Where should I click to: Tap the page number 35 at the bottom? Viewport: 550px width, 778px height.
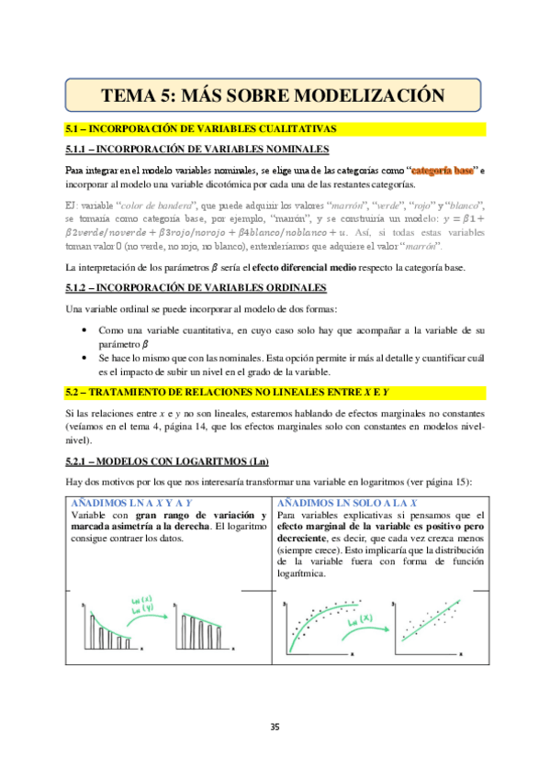click(x=275, y=728)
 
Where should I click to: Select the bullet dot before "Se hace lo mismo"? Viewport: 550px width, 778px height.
click(x=85, y=359)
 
